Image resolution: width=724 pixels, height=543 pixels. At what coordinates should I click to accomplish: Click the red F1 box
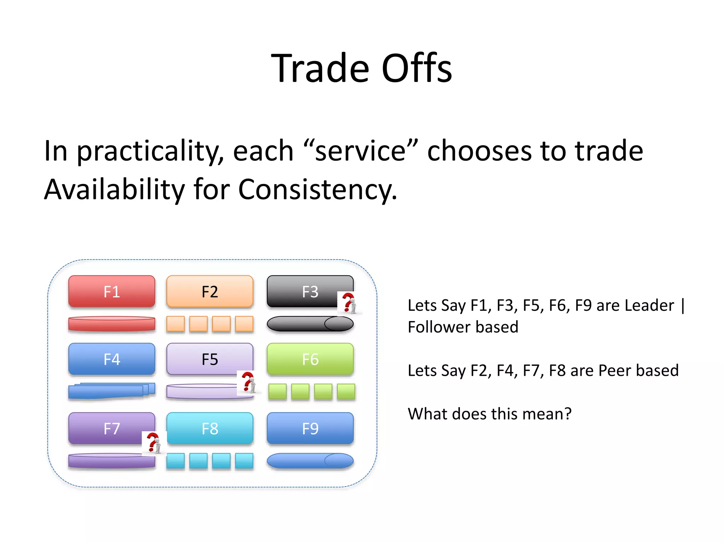[x=112, y=292]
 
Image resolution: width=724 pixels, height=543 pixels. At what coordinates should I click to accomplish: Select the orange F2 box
[x=210, y=292]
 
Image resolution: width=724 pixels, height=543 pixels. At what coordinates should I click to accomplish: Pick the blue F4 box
[x=112, y=359]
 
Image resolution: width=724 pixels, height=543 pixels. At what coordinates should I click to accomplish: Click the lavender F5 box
[x=205, y=358]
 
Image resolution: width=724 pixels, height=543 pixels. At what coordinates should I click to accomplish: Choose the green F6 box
[x=310, y=359]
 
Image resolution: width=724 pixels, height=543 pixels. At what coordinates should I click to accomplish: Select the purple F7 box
[x=106, y=428]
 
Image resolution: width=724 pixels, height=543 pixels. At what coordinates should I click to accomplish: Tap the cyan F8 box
[x=210, y=428]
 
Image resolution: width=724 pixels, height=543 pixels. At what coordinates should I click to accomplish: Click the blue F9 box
[x=310, y=428]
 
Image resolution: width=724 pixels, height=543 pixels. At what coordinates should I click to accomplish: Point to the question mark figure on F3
[x=349, y=303]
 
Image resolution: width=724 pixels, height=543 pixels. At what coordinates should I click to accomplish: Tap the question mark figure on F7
[x=154, y=443]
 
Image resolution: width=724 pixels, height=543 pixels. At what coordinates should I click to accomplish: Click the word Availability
[x=114, y=189]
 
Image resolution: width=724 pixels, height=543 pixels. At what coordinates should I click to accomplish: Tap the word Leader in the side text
[x=649, y=305]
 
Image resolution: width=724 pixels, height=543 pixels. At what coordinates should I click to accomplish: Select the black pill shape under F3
[x=310, y=324]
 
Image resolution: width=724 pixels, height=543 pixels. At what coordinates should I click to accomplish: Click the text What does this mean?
[x=489, y=414]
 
